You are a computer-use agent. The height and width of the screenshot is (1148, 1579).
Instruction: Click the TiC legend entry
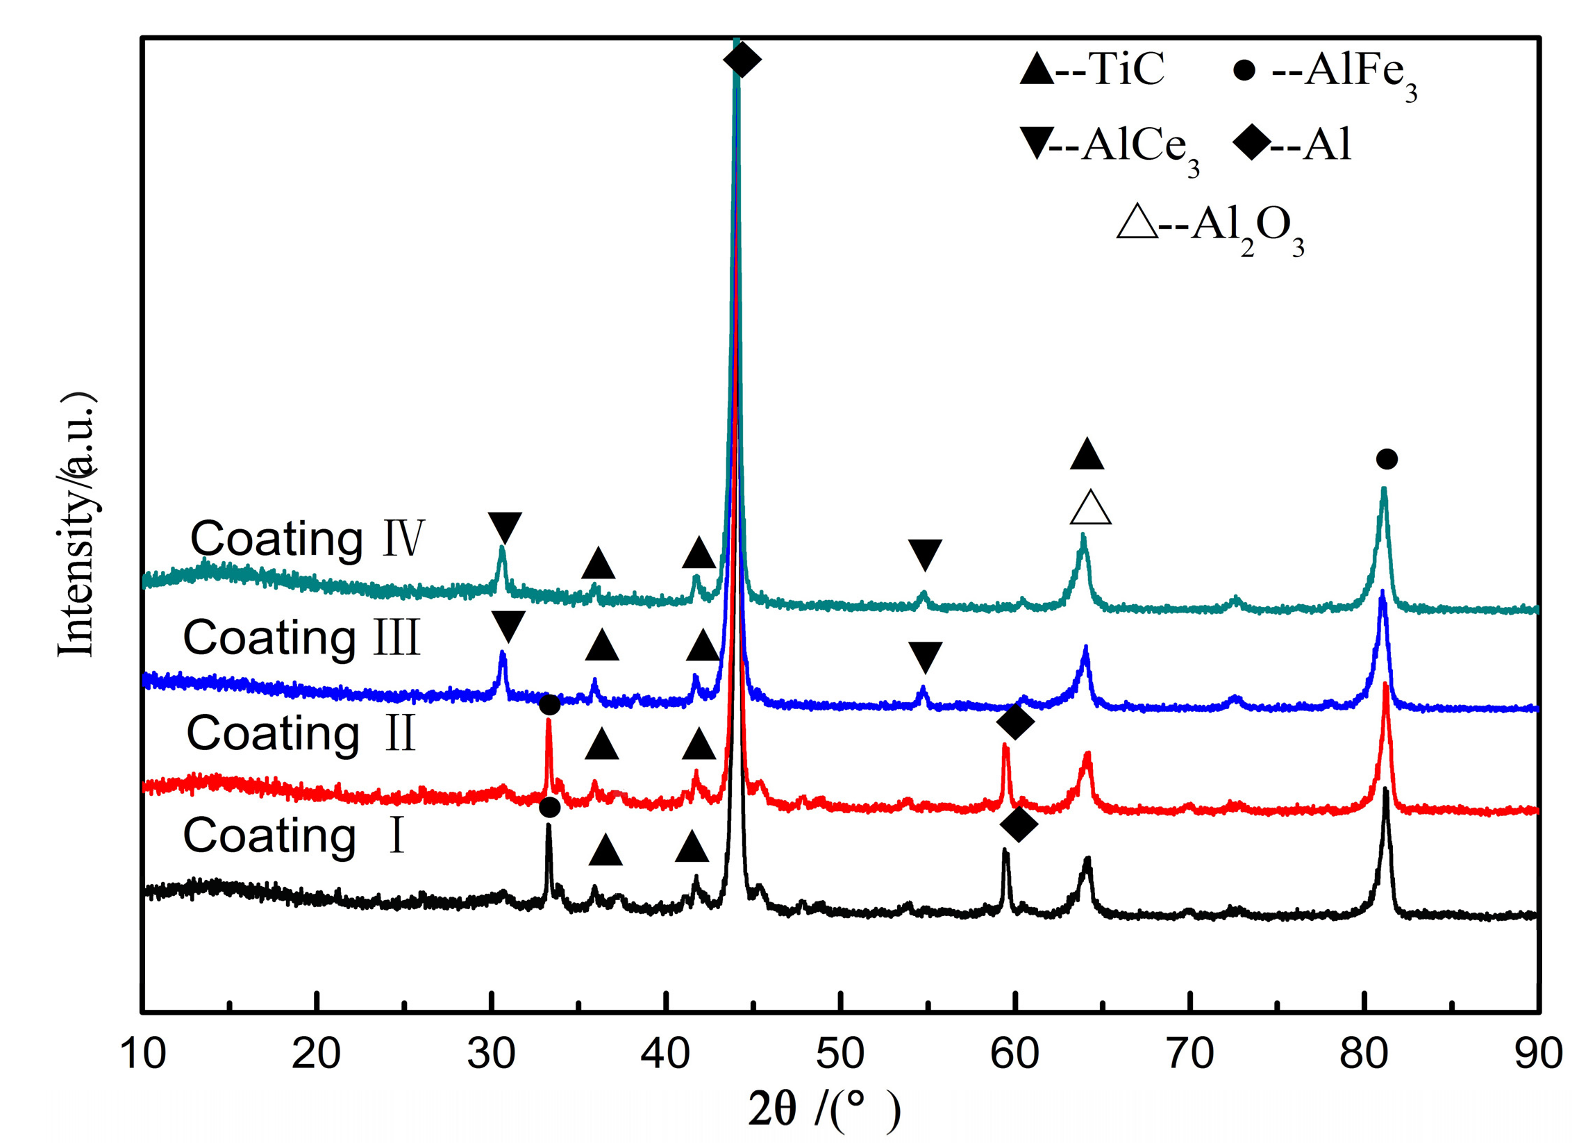click(1091, 69)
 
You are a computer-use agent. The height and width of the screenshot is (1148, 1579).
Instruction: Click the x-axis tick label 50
click(840, 1054)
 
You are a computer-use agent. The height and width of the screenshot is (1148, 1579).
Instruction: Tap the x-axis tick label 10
click(143, 1054)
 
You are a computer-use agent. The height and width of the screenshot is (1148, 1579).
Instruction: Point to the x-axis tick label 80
click(1364, 1054)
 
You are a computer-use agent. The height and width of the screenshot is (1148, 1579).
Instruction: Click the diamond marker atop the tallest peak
click(742, 60)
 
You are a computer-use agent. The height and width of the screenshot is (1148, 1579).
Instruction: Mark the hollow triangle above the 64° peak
click(1090, 508)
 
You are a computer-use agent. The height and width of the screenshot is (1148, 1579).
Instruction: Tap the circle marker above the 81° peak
click(1387, 460)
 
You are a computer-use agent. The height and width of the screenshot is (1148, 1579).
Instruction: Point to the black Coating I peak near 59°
click(1005, 863)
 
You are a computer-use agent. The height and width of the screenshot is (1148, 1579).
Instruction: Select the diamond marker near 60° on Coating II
click(1015, 722)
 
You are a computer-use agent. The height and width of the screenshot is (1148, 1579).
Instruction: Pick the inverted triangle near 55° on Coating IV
click(926, 554)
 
